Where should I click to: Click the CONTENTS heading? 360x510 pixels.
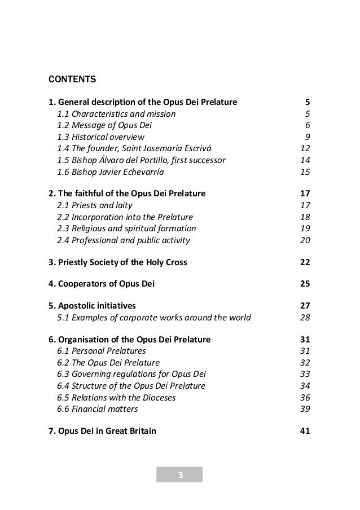click(x=72, y=78)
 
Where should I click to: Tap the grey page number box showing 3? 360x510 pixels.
click(x=179, y=474)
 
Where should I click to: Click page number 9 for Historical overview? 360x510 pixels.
click(x=308, y=137)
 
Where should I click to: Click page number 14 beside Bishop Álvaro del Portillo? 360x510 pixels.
click(x=305, y=160)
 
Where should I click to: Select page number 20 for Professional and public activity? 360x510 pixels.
click(x=305, y=240)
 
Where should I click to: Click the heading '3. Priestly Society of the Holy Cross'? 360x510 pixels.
click(x=118, y=262)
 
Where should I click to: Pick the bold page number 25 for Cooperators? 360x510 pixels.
click(x=304, y=284)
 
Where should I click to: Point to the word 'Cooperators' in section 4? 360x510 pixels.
click(x=80, y=284)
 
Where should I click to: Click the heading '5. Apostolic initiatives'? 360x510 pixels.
click(x=93, y=306)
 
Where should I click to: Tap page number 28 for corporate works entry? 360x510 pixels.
click(x=305, y=318)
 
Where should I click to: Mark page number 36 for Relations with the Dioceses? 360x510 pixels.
click(x=305, y=398)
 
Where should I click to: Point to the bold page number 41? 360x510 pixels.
click(x=304, y=432)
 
